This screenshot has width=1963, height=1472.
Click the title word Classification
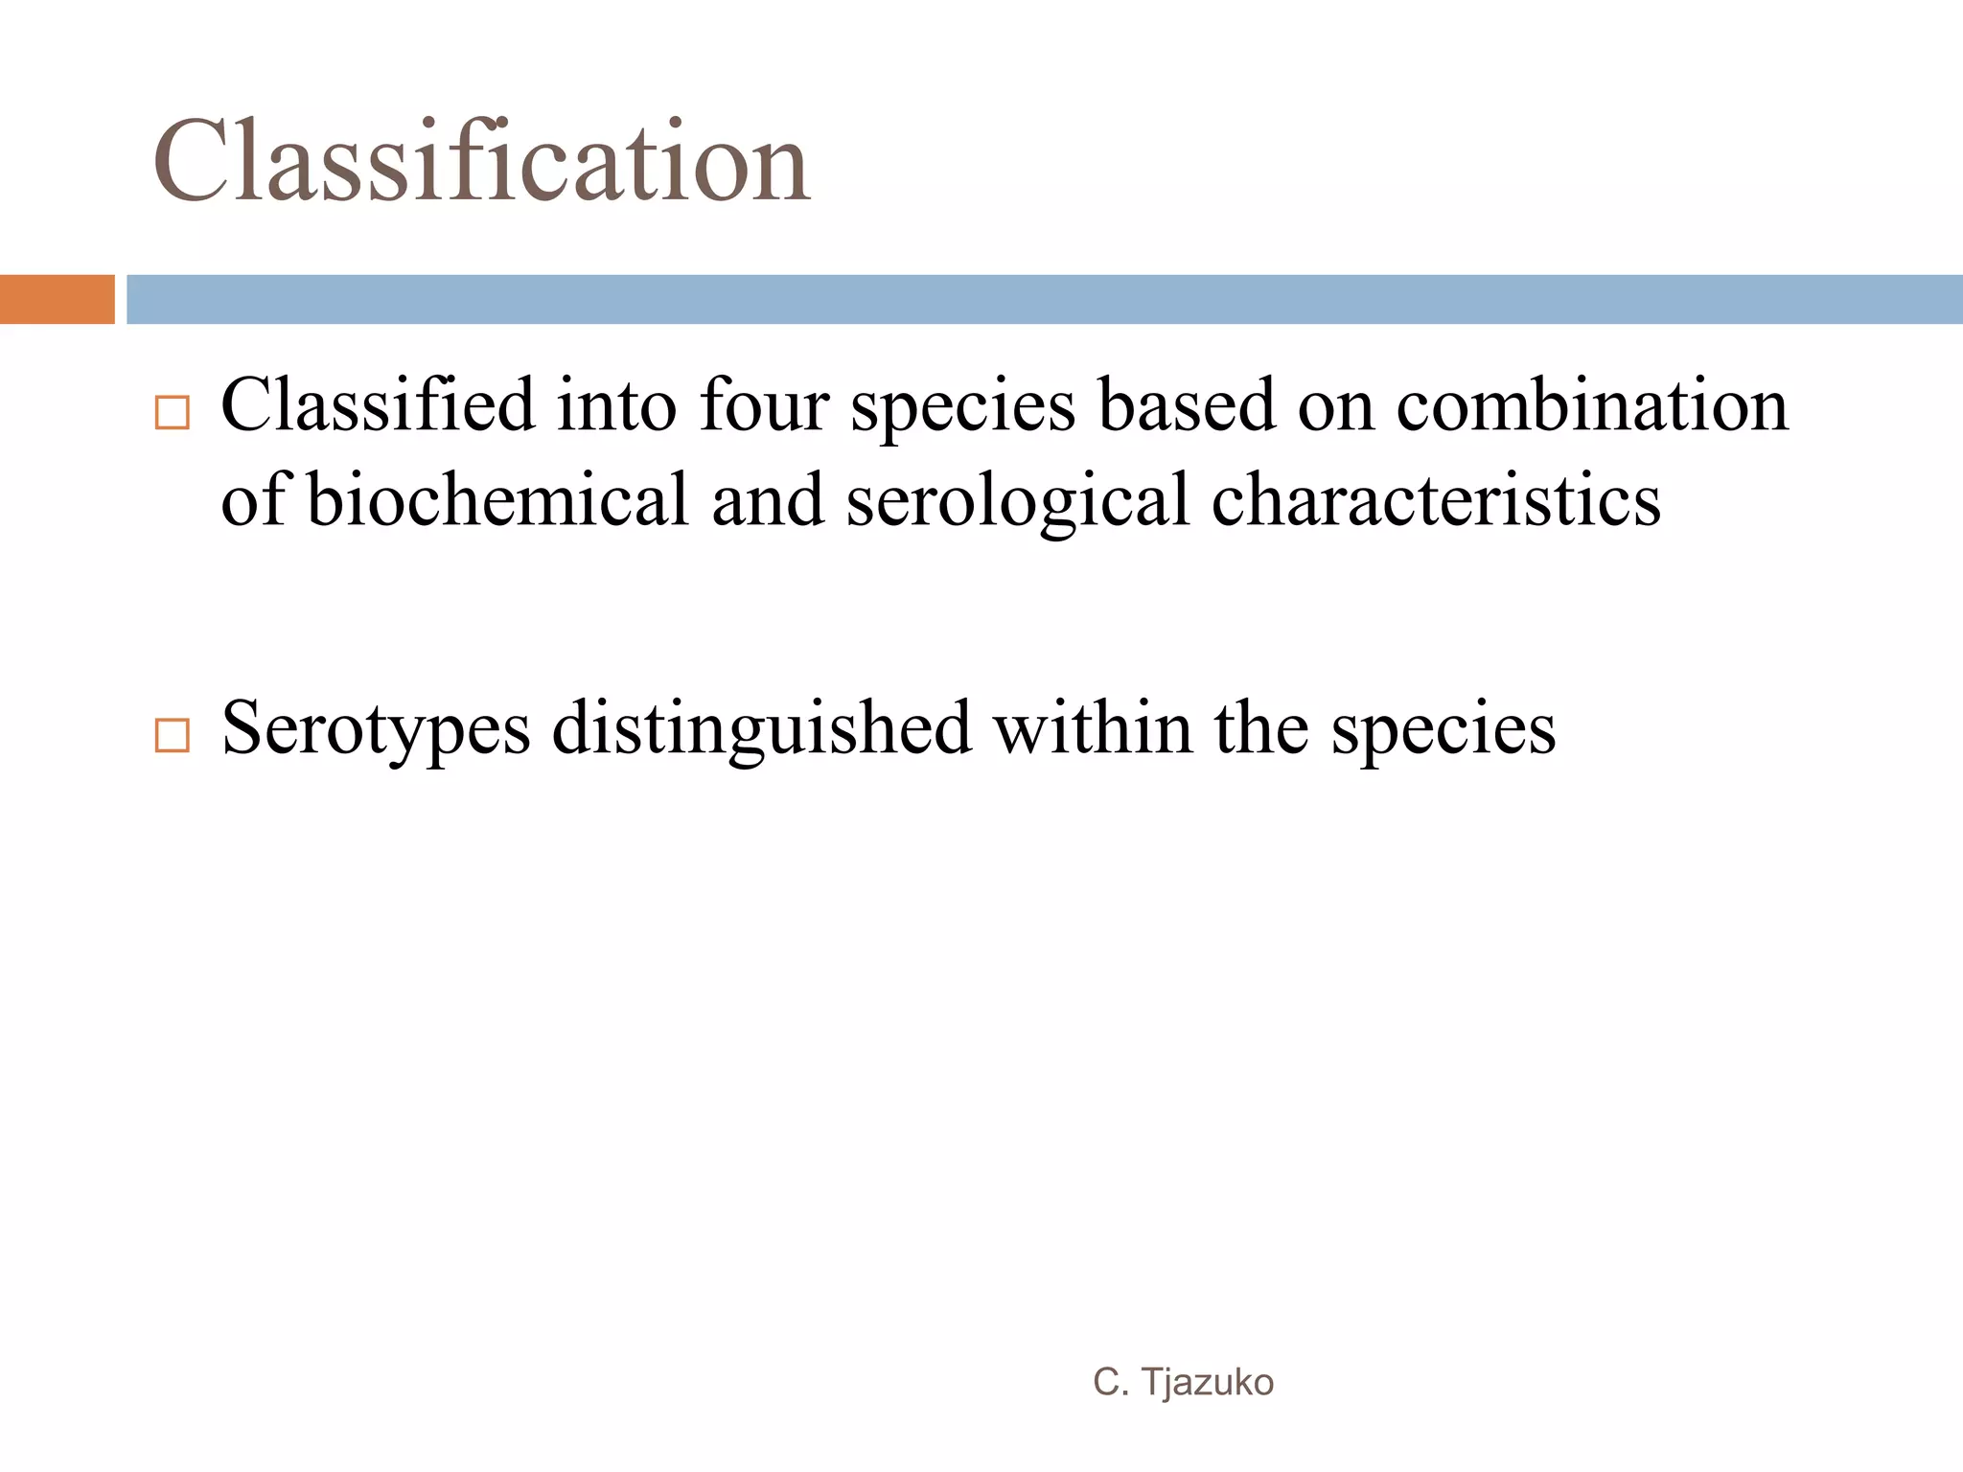pyautogui.click(x=481, y=161)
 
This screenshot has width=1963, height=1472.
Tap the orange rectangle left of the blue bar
pyautogui.click(x=57, y=299)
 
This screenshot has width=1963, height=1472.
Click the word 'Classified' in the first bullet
pyautogui.click(x=378, y=404)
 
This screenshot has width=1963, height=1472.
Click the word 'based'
pyautogui.click(x=1187, y=404)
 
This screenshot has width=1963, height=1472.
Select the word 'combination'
pyautogui.click(x=1592, y=404)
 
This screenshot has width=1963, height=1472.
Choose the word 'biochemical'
pyautogui.click(x=497, y=499)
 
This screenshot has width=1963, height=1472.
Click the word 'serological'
pyautogui.click(x=1017, y=501)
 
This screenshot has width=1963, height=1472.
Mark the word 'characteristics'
pyautogui.click(x=1436, y=499)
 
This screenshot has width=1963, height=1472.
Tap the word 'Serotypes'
pyautogui.click(x=376, y=729)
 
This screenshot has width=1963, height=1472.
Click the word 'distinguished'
pyautogui.click(x=762, y=729)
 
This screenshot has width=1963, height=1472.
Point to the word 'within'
pyautogui.click(x=1093, y=727)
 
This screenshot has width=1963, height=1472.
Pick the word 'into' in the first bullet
pyautogui.click(x=616, y=404)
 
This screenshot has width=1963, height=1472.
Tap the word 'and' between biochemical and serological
pyautogui.click(x=768, y=499)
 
